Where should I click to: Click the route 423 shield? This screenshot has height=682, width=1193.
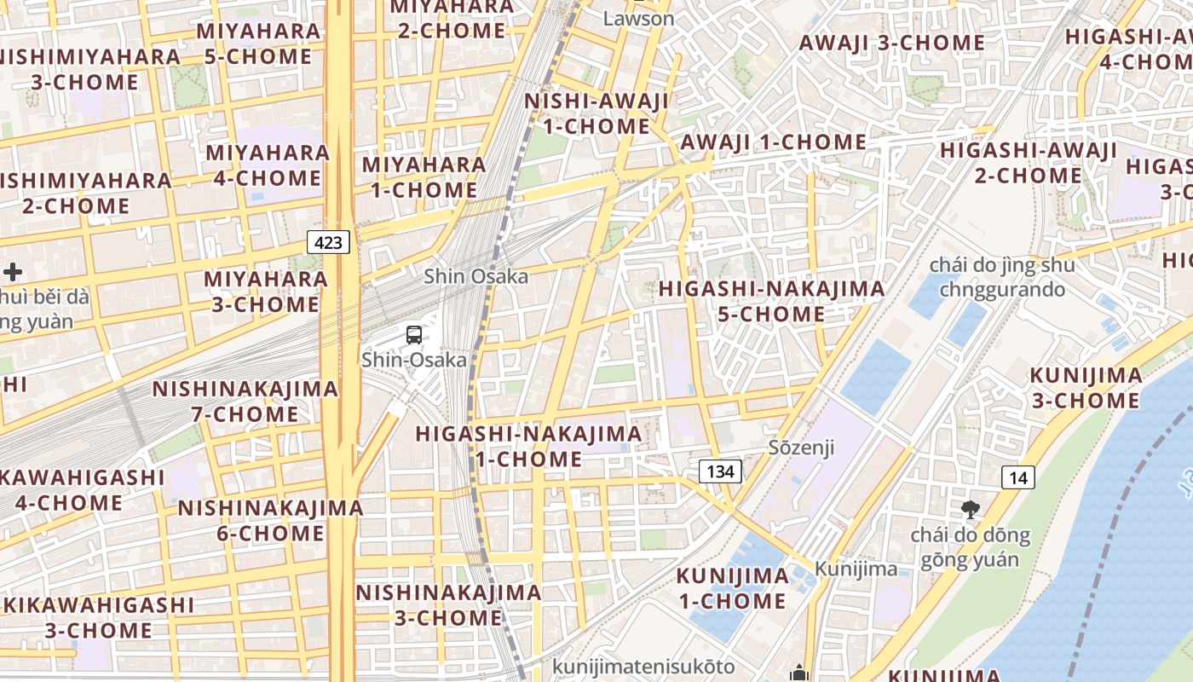coord(328,243)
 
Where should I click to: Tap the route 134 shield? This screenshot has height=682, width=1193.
coord(720,471)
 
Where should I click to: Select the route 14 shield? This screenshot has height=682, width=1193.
coord(1018,477)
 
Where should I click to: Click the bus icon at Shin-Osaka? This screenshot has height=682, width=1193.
coord(414,335)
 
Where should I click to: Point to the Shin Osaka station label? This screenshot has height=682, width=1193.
coord(475,276)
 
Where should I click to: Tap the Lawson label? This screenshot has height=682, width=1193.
coord(638,18)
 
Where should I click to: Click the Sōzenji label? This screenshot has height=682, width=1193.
coord(801,448)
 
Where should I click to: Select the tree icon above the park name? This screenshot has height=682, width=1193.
coord(970,510)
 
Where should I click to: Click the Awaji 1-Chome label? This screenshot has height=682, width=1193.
coord(773,142)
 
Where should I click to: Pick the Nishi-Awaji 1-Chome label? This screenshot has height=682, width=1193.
coord(596,113)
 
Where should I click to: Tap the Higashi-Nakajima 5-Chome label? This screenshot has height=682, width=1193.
coord(771,301)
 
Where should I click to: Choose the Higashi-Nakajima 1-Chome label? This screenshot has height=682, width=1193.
coord(528,446)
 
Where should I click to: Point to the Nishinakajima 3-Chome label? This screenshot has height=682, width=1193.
coord(448,604)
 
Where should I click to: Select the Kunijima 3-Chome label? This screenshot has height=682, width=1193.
coord(1086,388)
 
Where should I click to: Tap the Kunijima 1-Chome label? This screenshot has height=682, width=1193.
coord(733,588)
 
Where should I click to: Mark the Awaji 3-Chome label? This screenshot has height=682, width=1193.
coord(891,43)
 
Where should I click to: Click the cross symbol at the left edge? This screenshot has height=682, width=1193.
coord(13,273)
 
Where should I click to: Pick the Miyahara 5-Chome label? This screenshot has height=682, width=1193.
coord(258,43)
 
